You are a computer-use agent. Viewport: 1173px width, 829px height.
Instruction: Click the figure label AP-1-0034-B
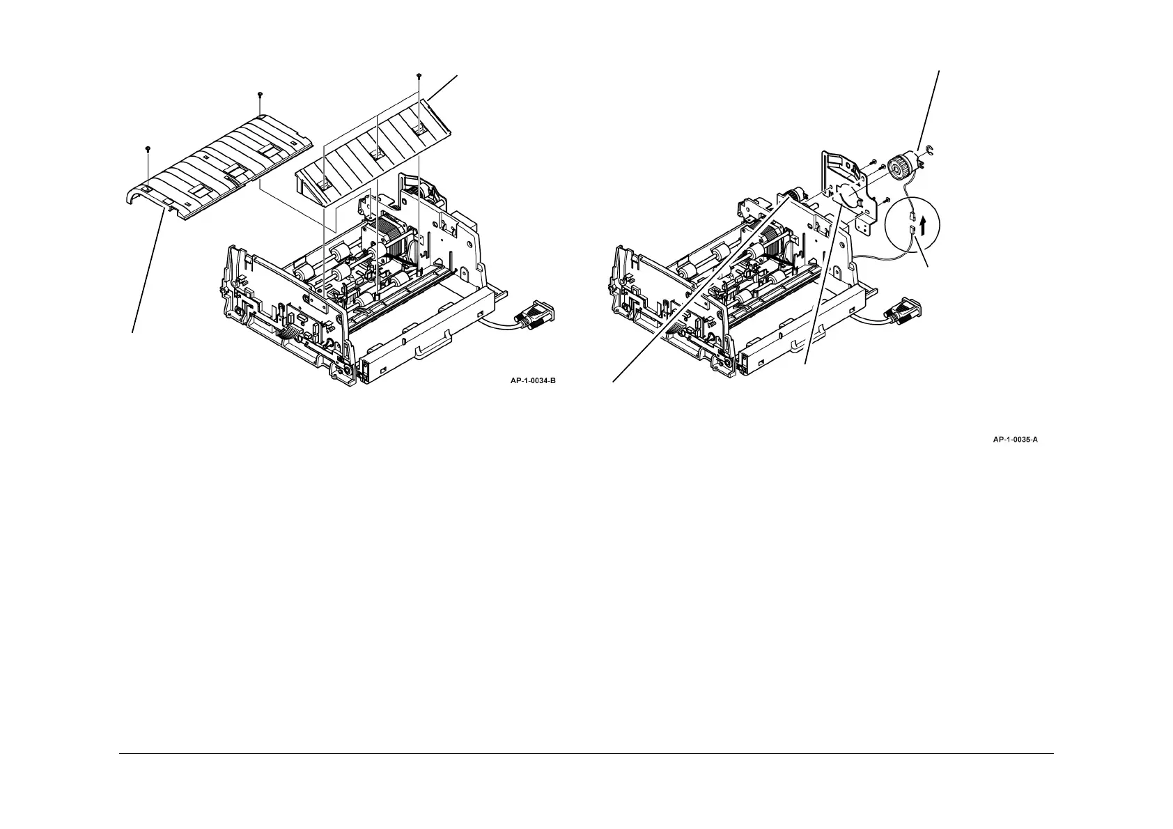533,380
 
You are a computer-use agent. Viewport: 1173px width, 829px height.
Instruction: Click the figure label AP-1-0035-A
1016,440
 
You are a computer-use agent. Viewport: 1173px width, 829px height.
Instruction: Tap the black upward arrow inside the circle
924,226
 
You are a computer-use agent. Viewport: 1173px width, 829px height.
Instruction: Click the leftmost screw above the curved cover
148,149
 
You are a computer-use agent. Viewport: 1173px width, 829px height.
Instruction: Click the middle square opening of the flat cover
375,153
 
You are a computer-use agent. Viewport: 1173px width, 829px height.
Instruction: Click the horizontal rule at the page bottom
586,753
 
